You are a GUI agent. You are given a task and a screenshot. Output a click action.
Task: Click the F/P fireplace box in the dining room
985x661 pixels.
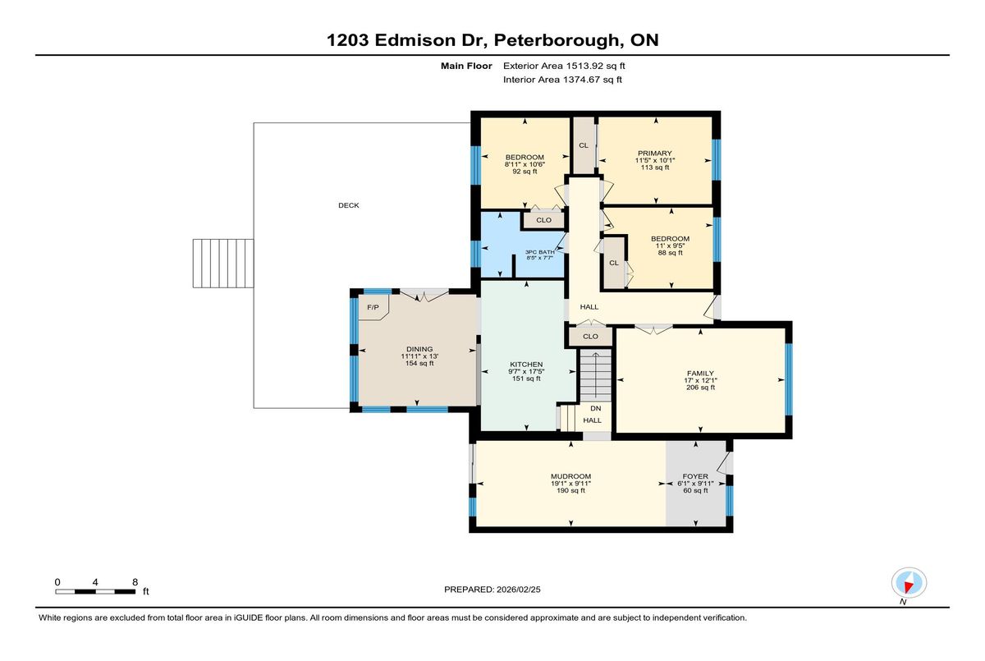click(373, 307)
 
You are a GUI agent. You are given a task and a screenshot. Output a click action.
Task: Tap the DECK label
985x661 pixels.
click(349, 205)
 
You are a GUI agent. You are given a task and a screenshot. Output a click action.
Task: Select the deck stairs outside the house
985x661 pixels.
click(223, 264)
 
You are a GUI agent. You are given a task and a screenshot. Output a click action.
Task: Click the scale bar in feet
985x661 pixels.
click(95, 591)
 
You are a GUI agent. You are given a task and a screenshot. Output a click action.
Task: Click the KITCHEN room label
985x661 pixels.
click(526, 364)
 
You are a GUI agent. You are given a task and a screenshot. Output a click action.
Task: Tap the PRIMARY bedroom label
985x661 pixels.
click(655, 153)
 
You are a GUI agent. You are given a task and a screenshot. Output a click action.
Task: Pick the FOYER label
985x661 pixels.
click(695, 476)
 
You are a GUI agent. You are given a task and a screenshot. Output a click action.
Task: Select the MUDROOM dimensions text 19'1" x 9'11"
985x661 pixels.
click(570, 484)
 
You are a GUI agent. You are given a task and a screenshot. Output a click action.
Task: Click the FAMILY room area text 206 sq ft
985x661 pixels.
click(700, 388)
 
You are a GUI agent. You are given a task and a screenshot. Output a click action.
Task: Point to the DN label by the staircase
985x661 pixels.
click(595, 409)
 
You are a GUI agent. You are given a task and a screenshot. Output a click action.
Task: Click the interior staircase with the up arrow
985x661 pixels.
click(595, 375)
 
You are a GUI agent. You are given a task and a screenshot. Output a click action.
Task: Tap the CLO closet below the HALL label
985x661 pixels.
click(590, 337)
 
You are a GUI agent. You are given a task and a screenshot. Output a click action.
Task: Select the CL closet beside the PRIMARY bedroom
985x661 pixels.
click(584, 145)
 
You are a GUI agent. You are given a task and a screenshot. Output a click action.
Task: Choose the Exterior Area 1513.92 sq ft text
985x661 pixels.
click(564, 66)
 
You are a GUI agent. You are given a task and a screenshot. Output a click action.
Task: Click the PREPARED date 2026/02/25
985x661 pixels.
click(519, 590)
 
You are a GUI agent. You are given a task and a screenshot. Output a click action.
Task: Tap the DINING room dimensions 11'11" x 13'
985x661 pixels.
click(419, 356)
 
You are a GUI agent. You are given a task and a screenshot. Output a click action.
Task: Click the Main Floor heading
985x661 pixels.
click(466, 66)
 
